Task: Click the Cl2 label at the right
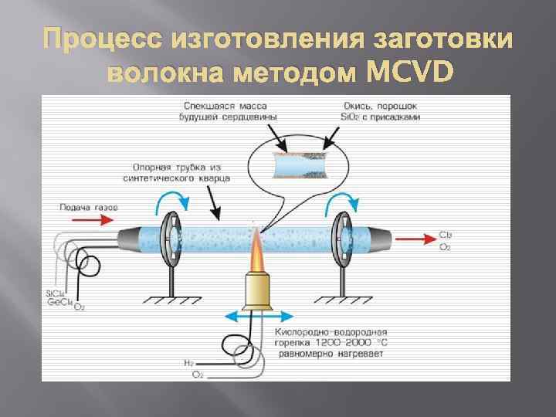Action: click(x=446, y=234)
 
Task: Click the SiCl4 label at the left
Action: click(x=56, y=293)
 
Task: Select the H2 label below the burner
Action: click(x=188, y=361)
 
